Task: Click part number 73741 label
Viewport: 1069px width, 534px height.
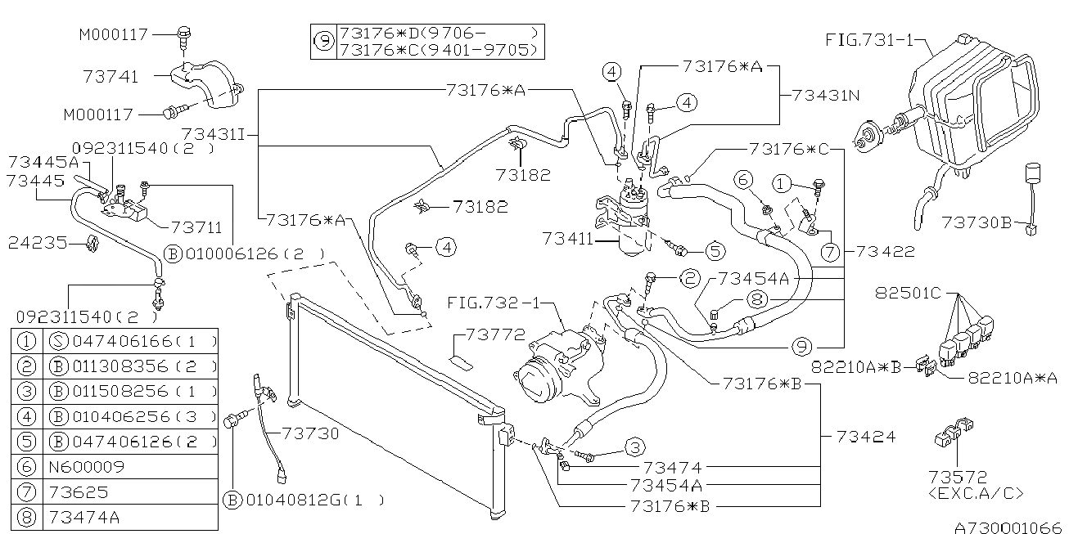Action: click(x=111, y=76)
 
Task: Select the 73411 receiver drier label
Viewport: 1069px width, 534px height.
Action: click(x=567, y=239)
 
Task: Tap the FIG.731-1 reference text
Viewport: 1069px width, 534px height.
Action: click(x=868, y=40)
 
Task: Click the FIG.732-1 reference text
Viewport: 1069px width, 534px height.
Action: click(x=493, y=303)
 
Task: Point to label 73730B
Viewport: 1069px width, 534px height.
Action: click(x=977, y=222)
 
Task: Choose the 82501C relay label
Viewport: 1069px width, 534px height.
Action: click(x=908, y=292)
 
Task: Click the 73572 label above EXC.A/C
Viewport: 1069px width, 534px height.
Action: click(x=957, y=477)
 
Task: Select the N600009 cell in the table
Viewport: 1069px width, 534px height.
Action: click(x=87, y=466)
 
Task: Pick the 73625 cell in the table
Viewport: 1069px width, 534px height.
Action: click(x=79, y=491)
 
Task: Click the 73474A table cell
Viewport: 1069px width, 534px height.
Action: click(x=84, y=518)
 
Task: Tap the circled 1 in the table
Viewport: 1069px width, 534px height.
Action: click(x=26, y=341)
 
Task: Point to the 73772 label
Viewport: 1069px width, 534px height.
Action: click(x=495, y=334)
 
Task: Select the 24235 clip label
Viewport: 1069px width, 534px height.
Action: click(x=38, y=243)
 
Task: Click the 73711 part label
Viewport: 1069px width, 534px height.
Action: click(x=196, y=227)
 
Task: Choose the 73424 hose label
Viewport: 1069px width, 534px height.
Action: click(x=866, y=436)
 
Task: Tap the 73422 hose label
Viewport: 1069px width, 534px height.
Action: click(x=886, y=251)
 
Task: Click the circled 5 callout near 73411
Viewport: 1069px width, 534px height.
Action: click(x=715, y=251)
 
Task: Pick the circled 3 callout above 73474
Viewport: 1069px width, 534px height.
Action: click(x=634, y=447)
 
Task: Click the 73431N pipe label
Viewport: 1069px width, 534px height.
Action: click(x=826, y=96)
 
